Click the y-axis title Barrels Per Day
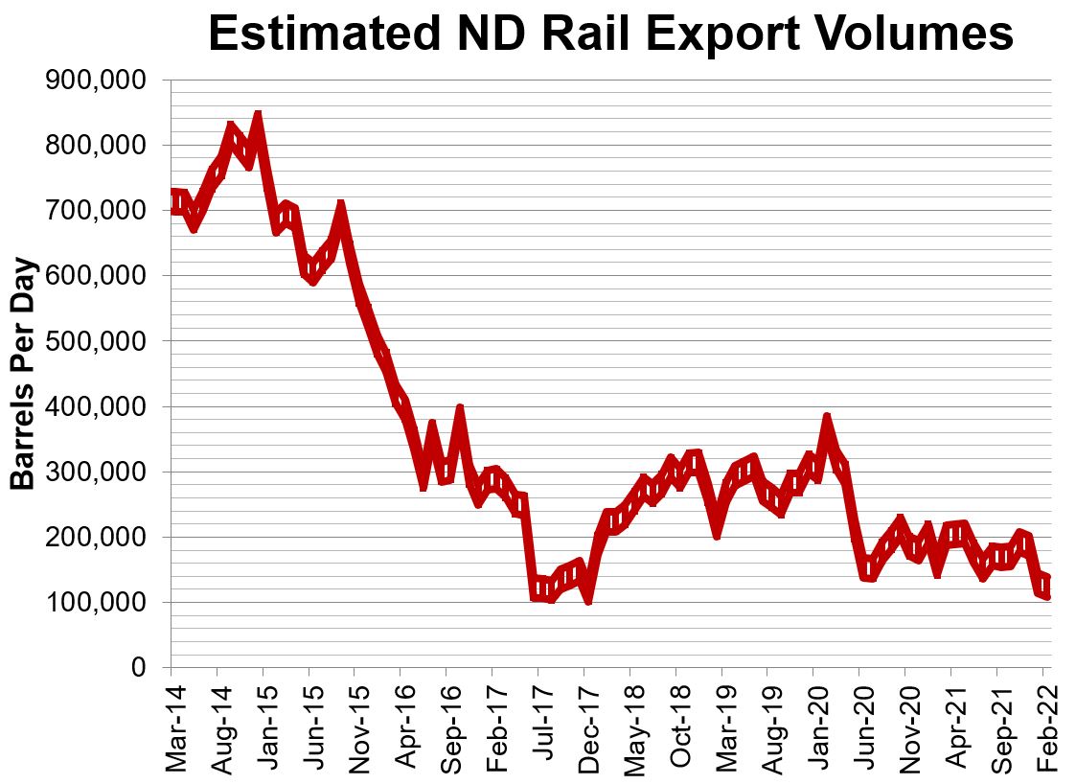tap(23, 374)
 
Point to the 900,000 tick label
tap(96, 81)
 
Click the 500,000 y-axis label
tap(96, 341)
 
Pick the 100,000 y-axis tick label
tap(96, 603)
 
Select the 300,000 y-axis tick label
tap(96, 473)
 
